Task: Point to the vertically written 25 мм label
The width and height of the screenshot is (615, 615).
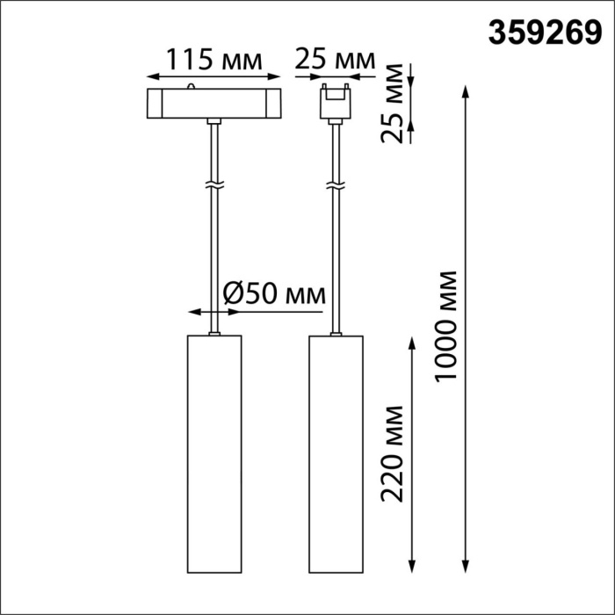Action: [x=396, y=103]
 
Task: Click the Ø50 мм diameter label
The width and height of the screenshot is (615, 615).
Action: [x=272, y=292]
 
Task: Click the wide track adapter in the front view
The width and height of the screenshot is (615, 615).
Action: [x=213, y=102]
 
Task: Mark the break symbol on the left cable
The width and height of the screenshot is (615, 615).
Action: [x=213, y=185]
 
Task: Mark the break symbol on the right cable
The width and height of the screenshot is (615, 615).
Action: [x=335, y=185]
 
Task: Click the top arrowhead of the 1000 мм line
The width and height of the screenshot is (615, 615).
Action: [x=465, y=90]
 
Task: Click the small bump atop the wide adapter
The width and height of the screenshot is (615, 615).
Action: [x=192, y=86]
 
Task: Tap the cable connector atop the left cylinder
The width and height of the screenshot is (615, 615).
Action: [x=213, y=333]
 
